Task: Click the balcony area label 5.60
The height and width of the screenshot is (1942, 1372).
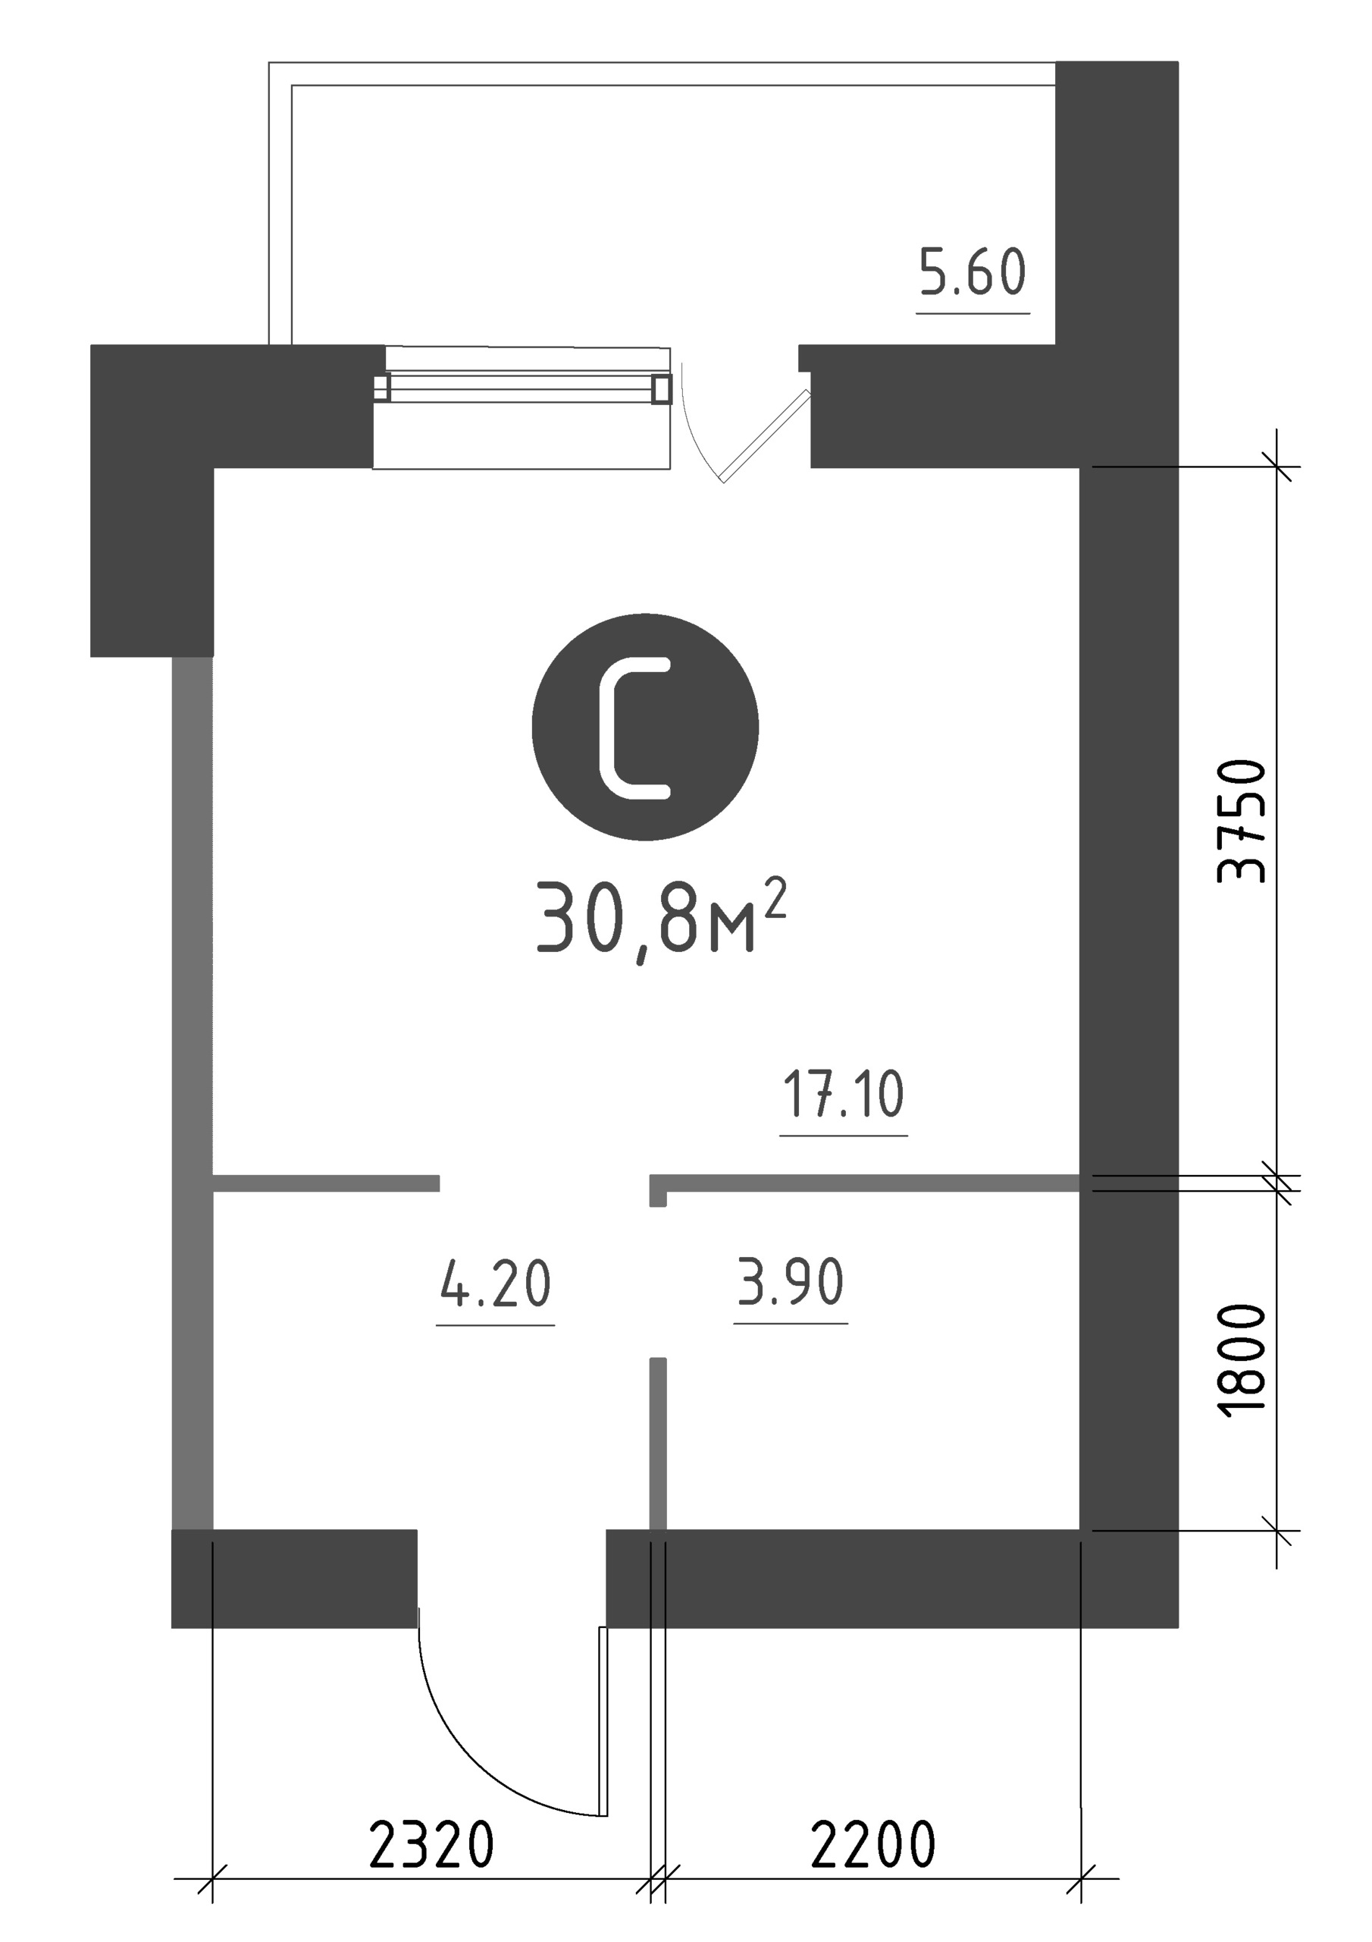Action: (973, 272)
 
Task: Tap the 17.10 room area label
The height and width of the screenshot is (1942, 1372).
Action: (844, 1094)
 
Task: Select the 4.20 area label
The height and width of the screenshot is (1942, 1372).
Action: (496, 1283)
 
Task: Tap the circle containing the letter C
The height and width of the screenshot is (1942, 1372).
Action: (645, 727)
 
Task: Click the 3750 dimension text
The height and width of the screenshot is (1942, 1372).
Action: (1242, 822)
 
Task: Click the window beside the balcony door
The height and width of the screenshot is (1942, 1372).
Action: (522, 389)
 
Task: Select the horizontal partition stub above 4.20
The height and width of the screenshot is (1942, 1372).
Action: (326, 1183)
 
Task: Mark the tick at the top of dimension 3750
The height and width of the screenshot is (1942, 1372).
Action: (1277, 466)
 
